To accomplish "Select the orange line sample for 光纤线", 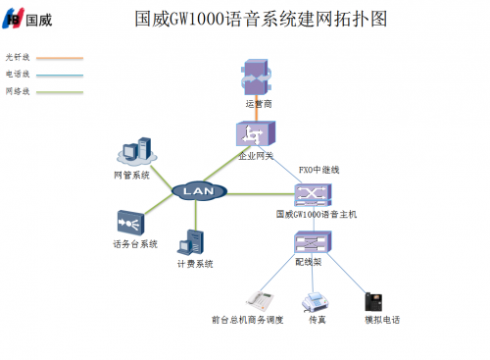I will pos(58,58).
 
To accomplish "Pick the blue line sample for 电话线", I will pos(58,75).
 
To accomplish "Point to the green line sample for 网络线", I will pos(58,91).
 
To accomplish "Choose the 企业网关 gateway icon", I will pos(256,134).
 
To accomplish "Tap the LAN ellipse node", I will pos(192,190).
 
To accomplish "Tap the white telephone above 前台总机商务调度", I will pos(258,298).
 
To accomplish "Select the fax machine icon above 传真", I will pos(316,299).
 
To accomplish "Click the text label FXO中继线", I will pos(318,169).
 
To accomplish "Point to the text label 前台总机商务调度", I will pos(247,320).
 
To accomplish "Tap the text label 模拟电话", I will pos(382,320).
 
